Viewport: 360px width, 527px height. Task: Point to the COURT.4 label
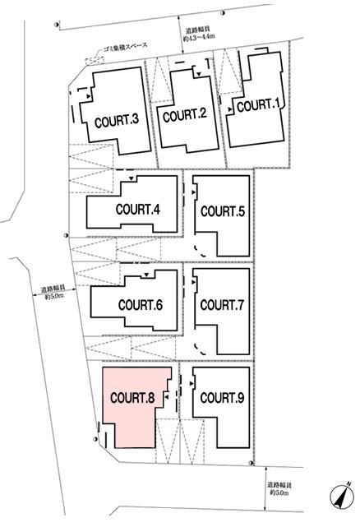[137, 208]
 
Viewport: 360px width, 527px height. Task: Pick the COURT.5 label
[222, 211]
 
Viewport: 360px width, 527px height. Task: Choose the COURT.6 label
[140, 305]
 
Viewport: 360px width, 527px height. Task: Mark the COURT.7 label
[222, 305]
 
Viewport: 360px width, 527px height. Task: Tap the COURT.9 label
[222, 398]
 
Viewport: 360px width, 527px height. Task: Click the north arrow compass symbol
[340, 498]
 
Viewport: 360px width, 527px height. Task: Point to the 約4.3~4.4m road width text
[201, 37]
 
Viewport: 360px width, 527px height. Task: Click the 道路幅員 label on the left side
[53, 289]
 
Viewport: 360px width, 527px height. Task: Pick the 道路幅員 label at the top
[201, 29]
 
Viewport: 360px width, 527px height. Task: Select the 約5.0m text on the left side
[53, 298]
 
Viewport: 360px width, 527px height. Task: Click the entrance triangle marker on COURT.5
[195, 191]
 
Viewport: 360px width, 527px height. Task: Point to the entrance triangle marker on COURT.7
[195, 285]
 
